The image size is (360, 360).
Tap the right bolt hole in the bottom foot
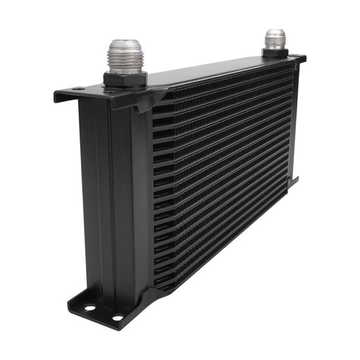click(x=117, y=317)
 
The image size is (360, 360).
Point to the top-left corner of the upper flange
click(x=56, y=93)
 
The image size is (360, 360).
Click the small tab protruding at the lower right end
click(x=295, y=181)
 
